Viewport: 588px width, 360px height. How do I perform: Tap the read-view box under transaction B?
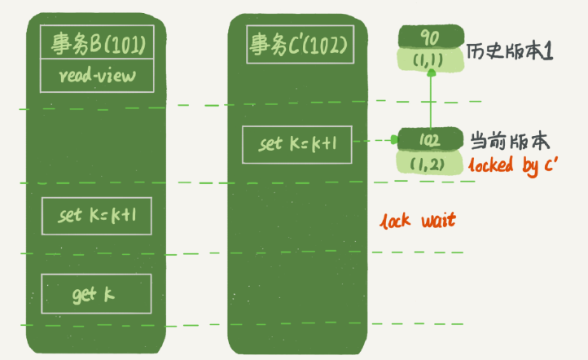coord(97,76)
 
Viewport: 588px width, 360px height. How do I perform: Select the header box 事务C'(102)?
coord(299,44)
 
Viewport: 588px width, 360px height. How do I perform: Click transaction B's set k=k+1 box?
coord(97,216)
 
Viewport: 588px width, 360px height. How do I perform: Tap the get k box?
coord(97,293)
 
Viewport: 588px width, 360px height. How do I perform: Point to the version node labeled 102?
coord(431,139)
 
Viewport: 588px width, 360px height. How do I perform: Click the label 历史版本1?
coord(511,51)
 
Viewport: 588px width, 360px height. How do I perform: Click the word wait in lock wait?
coord(437,221)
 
